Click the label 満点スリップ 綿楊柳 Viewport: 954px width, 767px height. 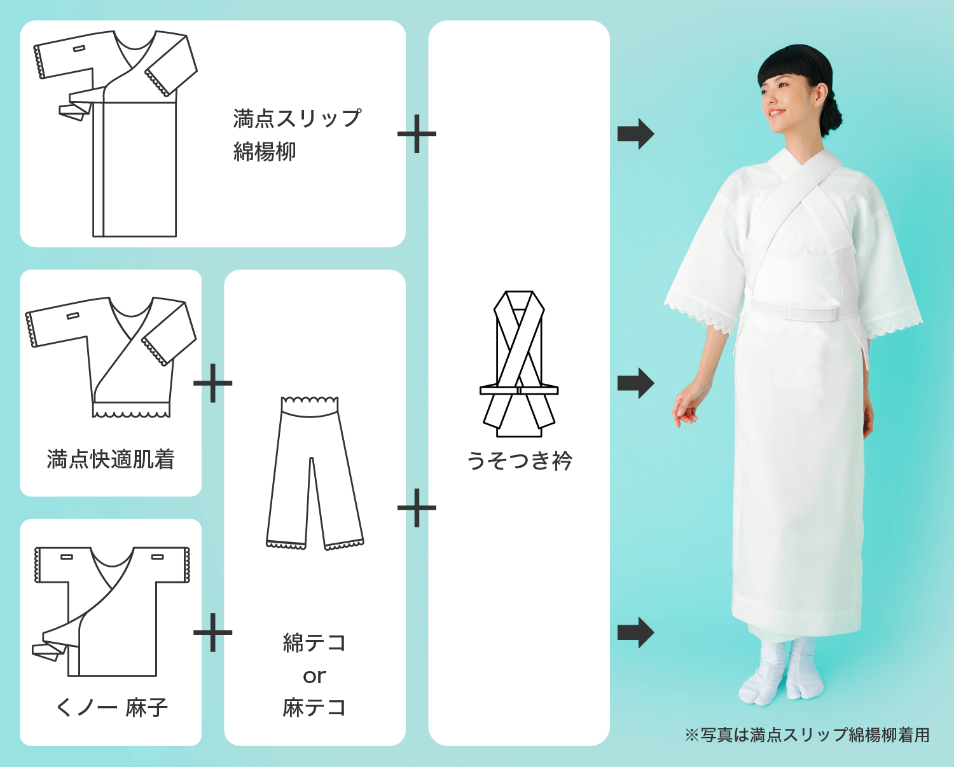click(298, 135)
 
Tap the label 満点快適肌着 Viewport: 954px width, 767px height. click(111, 459)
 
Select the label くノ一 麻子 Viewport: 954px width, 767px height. click(111, 708)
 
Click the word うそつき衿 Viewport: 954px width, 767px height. click(519, 460)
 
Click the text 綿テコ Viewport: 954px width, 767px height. click(314, 643)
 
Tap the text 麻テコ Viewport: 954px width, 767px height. click(314, 708)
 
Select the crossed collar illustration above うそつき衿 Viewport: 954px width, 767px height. click(519, 363)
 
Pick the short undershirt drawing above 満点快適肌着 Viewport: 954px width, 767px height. click(111, 357)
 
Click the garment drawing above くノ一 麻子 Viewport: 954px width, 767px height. click(111, 611)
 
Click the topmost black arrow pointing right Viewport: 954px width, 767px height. click(636, 134)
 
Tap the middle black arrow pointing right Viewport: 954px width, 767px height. click(636, 383)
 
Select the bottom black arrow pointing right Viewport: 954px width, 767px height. click(636, 632)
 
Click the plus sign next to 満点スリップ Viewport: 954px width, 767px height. click(417, 134)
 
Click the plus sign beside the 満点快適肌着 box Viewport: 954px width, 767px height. click(213, 383)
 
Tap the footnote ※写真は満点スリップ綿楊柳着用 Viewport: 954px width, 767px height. click(807, 735)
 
